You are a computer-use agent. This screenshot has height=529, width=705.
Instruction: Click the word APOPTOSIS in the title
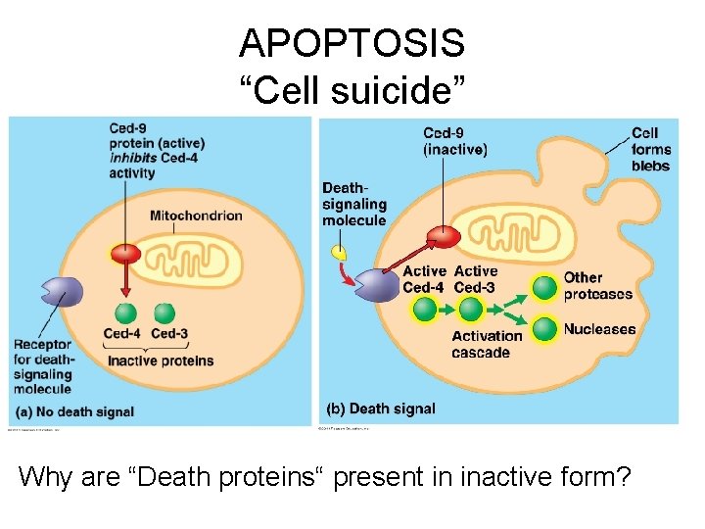coord(352,43)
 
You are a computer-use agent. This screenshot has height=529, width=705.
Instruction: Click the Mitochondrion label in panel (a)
coord(196,216)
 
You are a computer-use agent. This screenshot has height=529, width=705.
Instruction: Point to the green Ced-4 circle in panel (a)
coord(125,313)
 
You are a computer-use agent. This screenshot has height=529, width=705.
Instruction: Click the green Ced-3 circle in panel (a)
coord(164,313)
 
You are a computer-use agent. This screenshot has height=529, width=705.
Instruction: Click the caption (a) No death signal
coord(73,411)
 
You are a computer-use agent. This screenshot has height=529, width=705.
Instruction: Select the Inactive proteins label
coord(160,360)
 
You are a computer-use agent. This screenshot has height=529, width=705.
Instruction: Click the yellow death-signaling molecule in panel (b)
coord(340,252)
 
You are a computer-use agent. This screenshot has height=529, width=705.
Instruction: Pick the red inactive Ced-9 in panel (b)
coord(446,236)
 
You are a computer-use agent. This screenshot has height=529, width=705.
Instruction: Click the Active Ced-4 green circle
coord(424,310)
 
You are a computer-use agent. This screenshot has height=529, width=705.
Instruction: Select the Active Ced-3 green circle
coord(471,310)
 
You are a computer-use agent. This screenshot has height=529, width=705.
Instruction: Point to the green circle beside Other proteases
coord(544,287)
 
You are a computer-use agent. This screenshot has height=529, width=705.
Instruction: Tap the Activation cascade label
coord(487,344)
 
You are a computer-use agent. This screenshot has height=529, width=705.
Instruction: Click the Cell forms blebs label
coord(650,149)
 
